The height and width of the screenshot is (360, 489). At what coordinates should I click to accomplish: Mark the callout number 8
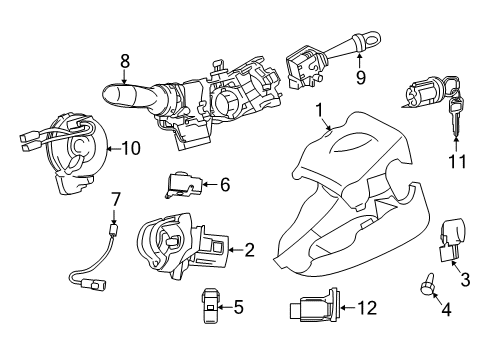coord(125,62)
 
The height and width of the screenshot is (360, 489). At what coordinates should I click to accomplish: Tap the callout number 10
coord(131,148)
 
